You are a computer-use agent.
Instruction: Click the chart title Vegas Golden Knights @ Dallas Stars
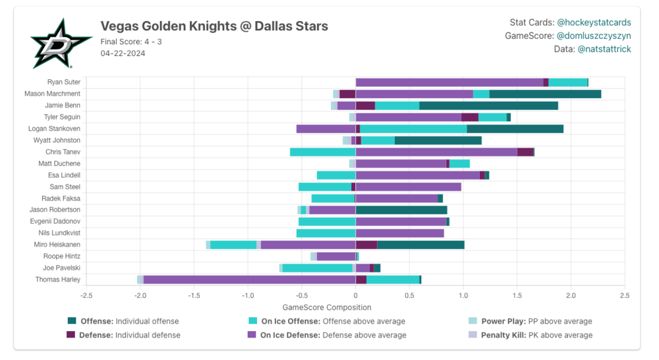click(x=214, y=26)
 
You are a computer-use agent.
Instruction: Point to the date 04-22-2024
click(x=123, y=53)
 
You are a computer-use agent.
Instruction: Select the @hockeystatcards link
click(x=594, y=22)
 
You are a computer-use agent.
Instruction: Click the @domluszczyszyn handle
click(x=593, y=36)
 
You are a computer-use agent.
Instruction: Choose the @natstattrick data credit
click(x=604, y=49)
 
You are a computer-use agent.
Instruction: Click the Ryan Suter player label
click(x=64, y=82)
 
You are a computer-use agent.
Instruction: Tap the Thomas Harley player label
click(x=58, y=280)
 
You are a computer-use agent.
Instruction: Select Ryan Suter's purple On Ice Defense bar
click(x=449, y=82)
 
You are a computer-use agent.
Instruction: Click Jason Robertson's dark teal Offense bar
click(x=401, y=210)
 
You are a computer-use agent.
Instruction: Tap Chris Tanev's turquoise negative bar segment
click(x=322, y=152)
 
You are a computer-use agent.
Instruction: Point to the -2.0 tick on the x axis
click(x=140, y=295)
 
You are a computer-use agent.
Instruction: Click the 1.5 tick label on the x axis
click(x=517, y=295)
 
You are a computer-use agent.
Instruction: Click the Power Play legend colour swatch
click(x=473, y=321)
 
